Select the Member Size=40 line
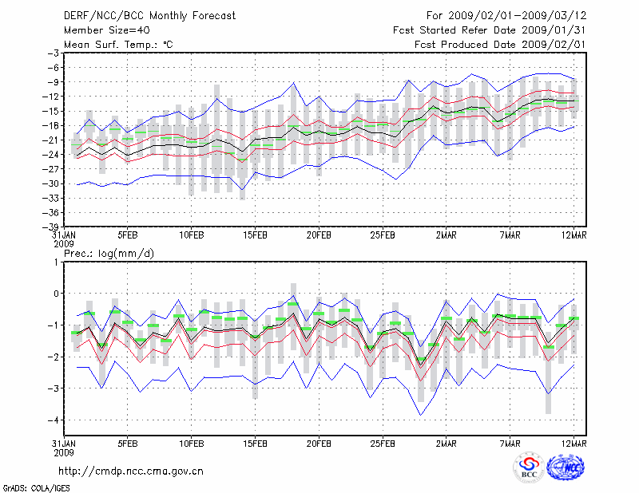click(x=104, y=30)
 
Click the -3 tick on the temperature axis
click(x=54, y=53)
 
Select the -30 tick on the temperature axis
click(x=52, y=183)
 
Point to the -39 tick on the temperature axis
click(x=52, y=227)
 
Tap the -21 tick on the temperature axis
click(x=52, y=140)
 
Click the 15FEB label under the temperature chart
click(x=255, y=236)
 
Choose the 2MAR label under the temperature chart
click(x=447, y=236)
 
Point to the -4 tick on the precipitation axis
click(x=54, y=420)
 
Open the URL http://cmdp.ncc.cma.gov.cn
click(x=131, y=471)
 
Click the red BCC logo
click(x=528, y=468)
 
